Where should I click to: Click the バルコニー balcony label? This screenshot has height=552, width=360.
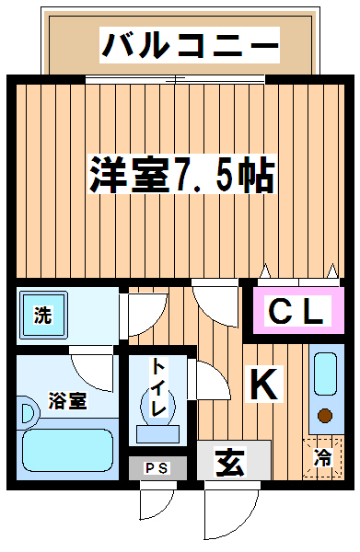click(x=189, y=45)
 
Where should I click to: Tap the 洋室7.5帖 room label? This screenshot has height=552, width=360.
click(x=181, y=175)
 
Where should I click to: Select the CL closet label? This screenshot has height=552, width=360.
click(x=298, y=310)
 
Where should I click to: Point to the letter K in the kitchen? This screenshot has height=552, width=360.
click(x=264, y=384)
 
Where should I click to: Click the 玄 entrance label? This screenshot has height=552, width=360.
click(x=230, y=462)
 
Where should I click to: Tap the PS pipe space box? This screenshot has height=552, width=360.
click(x=157, y=468)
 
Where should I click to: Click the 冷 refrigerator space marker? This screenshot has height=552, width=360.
click(x=323, y=458)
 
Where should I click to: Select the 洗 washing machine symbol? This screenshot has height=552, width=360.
click(x=42, y=315)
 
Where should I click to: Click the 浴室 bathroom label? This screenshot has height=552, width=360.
click(x=67, y=400)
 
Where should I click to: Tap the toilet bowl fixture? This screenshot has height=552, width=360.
click(x=157, y=407)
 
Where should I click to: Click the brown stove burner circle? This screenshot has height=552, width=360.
click(x=325, y=416)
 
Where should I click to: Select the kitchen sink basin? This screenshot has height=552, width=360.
click(x=325, y=374)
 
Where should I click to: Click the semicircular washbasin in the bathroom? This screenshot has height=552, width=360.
click(x=29, y=413)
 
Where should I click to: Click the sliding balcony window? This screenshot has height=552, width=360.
click(x=175, y=80)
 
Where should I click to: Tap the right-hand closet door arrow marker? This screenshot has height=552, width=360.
click(x=331, y=270)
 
